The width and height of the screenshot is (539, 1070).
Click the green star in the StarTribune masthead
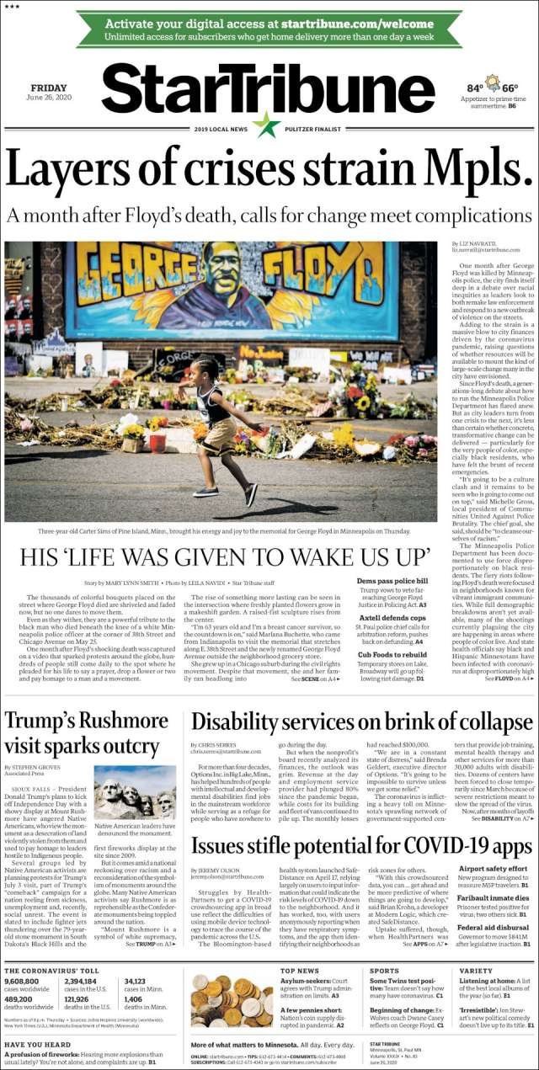(267, 125)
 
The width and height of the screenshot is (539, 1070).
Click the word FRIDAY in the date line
(48, 88)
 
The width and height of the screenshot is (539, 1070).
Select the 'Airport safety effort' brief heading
(493, 868)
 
